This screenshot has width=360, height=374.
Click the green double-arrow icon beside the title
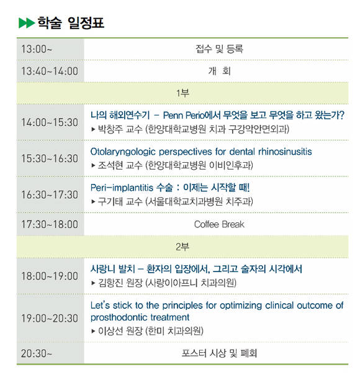point(27,23)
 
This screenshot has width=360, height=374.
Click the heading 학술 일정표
point(71,23)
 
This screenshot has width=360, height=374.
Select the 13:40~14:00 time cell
point(50,71)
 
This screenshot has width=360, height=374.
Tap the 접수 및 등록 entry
point(219,49)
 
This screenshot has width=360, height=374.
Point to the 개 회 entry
point(219,71)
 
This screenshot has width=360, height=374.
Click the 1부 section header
point(182,93)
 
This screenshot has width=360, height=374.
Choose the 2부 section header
point(182,247)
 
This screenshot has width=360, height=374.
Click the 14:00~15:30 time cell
point(50,122)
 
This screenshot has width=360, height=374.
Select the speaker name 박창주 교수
point(120,129)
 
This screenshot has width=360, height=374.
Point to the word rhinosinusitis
point(285,152)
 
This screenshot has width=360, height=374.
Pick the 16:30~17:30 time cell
point(50,194)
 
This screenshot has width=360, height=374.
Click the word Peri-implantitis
point(122,188)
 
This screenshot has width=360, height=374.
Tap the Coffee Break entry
point(219,224)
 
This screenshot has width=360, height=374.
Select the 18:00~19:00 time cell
point(50,276)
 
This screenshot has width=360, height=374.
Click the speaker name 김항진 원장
point(120,283)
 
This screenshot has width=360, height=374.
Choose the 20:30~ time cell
point(37,353)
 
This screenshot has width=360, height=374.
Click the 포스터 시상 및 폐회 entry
point(219,353)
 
